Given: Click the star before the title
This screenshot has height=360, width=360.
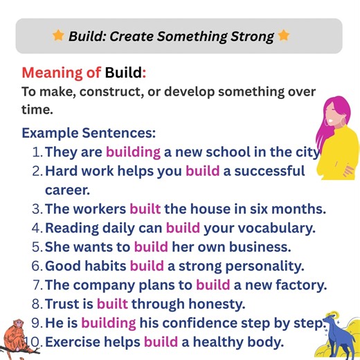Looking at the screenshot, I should [58, 35].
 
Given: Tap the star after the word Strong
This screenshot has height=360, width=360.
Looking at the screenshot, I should [284, 35].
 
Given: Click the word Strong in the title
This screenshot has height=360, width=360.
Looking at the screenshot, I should [246, 36].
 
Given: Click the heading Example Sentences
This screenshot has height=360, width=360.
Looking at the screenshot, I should [89, 132].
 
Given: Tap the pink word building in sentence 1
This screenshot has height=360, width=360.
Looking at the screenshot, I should [133, 152].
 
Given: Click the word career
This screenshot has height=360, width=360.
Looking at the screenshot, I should [67, 189].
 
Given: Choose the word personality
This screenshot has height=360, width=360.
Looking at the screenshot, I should [266, 265].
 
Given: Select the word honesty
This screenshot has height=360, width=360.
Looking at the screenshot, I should [242, 303].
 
